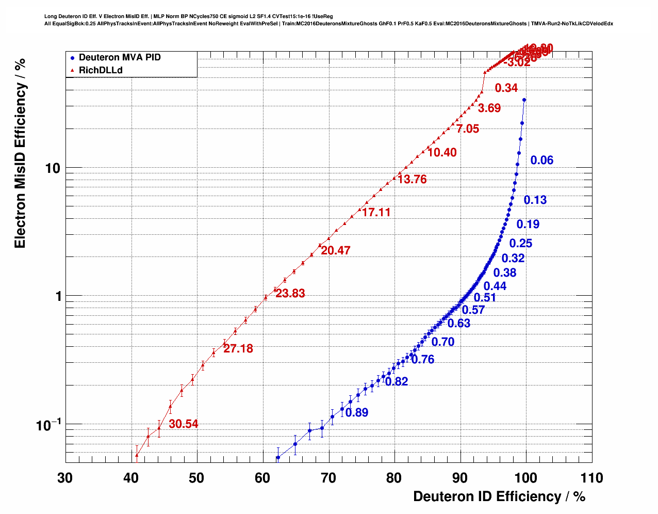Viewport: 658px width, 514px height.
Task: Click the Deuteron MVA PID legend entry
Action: [x=119, y=57]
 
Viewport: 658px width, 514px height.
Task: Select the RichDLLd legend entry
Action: [x=100, y=70]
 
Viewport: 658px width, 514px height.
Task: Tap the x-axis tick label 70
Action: [x=328, y=478]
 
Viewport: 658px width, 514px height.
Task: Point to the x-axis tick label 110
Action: [x=591, y=478]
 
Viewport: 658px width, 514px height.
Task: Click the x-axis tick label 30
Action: [x=65, y=478]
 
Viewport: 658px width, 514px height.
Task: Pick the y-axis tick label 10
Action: [x=52, y=168]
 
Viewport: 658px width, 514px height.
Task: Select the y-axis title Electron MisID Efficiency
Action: [x=20, y=153]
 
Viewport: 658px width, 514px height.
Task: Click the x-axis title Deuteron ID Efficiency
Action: [x=499, y=496]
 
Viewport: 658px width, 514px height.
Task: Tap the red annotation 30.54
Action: [x=183, y=424]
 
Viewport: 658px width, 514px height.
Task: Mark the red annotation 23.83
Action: [x=290, y=294]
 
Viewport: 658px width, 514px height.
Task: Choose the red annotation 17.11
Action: [x=376, y=213]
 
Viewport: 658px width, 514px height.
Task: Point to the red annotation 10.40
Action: [x=442, y=153]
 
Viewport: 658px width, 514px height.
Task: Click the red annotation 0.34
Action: [x=506, y=88]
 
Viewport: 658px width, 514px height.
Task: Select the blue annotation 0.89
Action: [x=357, y=413]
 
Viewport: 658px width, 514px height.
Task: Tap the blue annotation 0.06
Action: [x=541, y=160]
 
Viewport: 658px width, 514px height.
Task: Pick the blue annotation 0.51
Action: [x=485, y=298]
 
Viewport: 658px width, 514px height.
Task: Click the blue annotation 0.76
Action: [x=423, y=360]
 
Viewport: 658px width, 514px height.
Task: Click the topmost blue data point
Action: [x=524, y=100]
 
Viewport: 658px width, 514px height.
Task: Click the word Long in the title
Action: [x=50, y=17]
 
